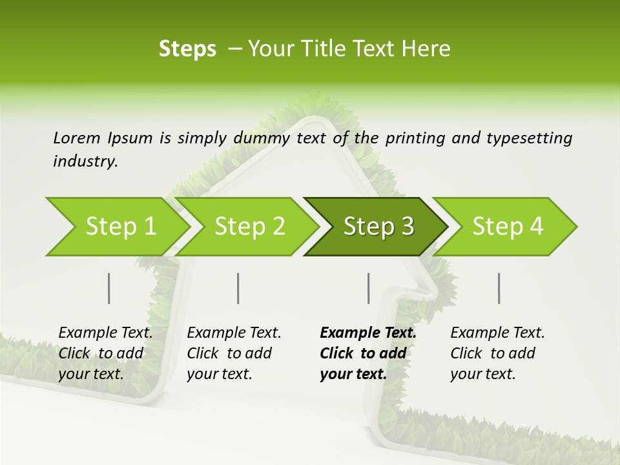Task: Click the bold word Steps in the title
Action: [x=187, y=49]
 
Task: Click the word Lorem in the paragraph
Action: [x=77, y=138]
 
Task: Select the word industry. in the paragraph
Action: [x=85, y=161]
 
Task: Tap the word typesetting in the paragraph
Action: [x=529, y=138]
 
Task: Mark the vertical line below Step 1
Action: [x=109, y=288]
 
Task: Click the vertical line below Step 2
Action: [x=238, y=288]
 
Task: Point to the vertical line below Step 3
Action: [x=369, y=288]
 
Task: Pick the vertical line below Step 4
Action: [x=499, y=288]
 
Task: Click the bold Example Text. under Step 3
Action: [x=368, y=333]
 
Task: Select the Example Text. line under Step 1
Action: [x=105, y=333]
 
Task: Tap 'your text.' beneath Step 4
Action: [x=483, y=374]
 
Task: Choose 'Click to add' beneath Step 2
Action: [x=229, y=353]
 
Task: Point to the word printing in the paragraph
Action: [x=413, y=138]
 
